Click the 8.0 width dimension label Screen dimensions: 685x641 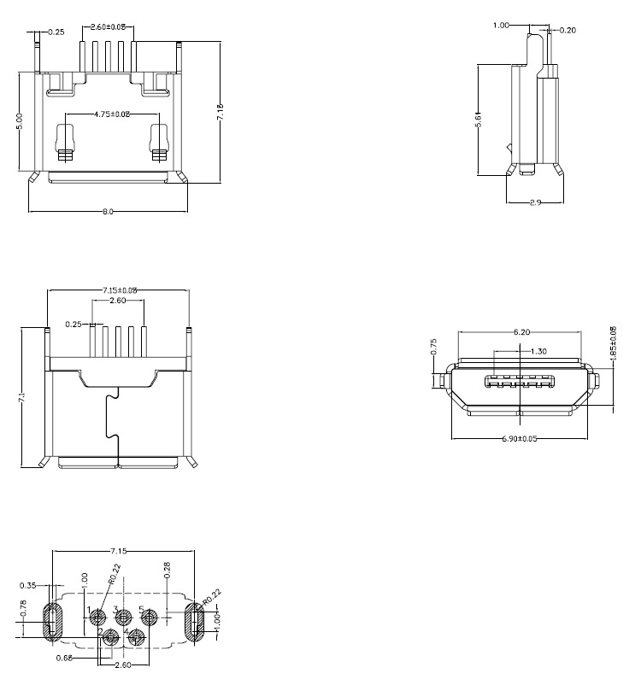109,211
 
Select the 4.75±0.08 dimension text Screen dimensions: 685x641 111,114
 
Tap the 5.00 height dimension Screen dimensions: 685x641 20,122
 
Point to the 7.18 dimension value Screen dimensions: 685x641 220,111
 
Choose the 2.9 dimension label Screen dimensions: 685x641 534,203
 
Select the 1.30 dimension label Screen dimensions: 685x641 538,351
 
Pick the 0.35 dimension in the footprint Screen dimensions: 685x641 27,586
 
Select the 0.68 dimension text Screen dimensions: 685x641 63,658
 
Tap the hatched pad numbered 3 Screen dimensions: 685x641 124,617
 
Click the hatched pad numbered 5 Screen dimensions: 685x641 150,617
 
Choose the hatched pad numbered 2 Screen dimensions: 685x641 111,637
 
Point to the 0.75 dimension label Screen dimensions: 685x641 433,347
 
